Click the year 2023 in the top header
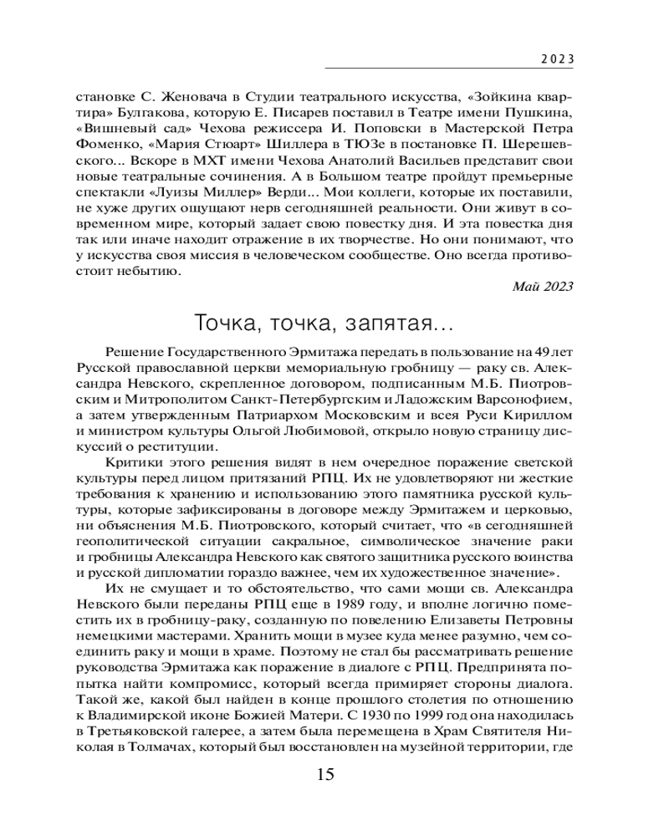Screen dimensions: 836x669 [x=554, y=59]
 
